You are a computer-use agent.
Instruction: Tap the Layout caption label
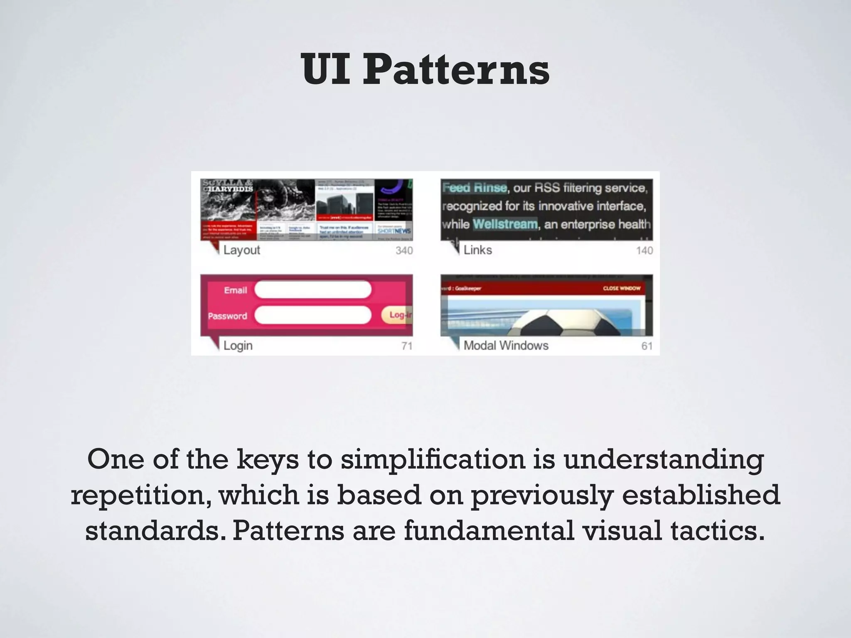(x=241, y=250)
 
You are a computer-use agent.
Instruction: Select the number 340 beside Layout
(x=404, y=250)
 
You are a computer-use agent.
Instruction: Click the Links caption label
(x=477, y=250)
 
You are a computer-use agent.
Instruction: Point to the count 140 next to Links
(x=644, y=250)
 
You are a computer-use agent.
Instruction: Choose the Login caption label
(x=238, y=346)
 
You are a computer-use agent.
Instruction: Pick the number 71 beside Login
(x=407, y=346)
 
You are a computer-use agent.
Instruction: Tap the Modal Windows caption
(x=506, y=346)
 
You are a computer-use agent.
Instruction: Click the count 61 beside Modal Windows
(x=647, y=346)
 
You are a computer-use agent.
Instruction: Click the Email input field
(x=312, y=290)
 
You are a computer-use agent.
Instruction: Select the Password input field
(x=312, y=316)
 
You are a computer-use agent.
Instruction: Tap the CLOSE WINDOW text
(x=622, y=288)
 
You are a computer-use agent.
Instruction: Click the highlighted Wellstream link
(x=505, y=224)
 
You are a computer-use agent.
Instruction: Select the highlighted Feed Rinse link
(x=475, y=188)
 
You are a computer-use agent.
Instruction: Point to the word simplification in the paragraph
(x=433, y=459)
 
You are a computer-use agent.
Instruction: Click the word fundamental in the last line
(x=489, y=531)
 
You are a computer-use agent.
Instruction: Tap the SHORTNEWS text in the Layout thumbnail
(x=394, y=231)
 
